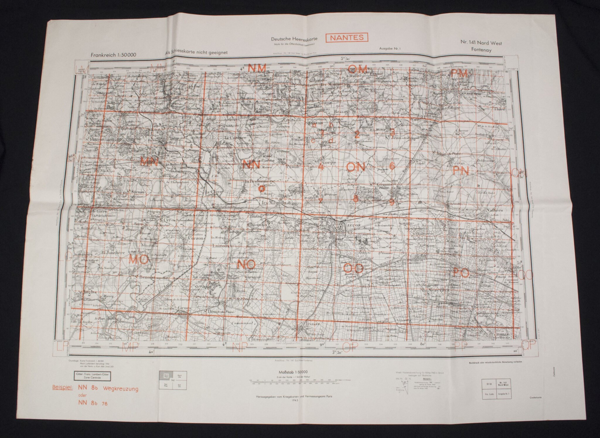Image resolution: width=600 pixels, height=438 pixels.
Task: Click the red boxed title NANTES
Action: point(347,37)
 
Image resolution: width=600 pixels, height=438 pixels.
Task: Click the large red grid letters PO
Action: point(461,273)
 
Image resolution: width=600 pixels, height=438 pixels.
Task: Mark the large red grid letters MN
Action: point(149,162)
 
